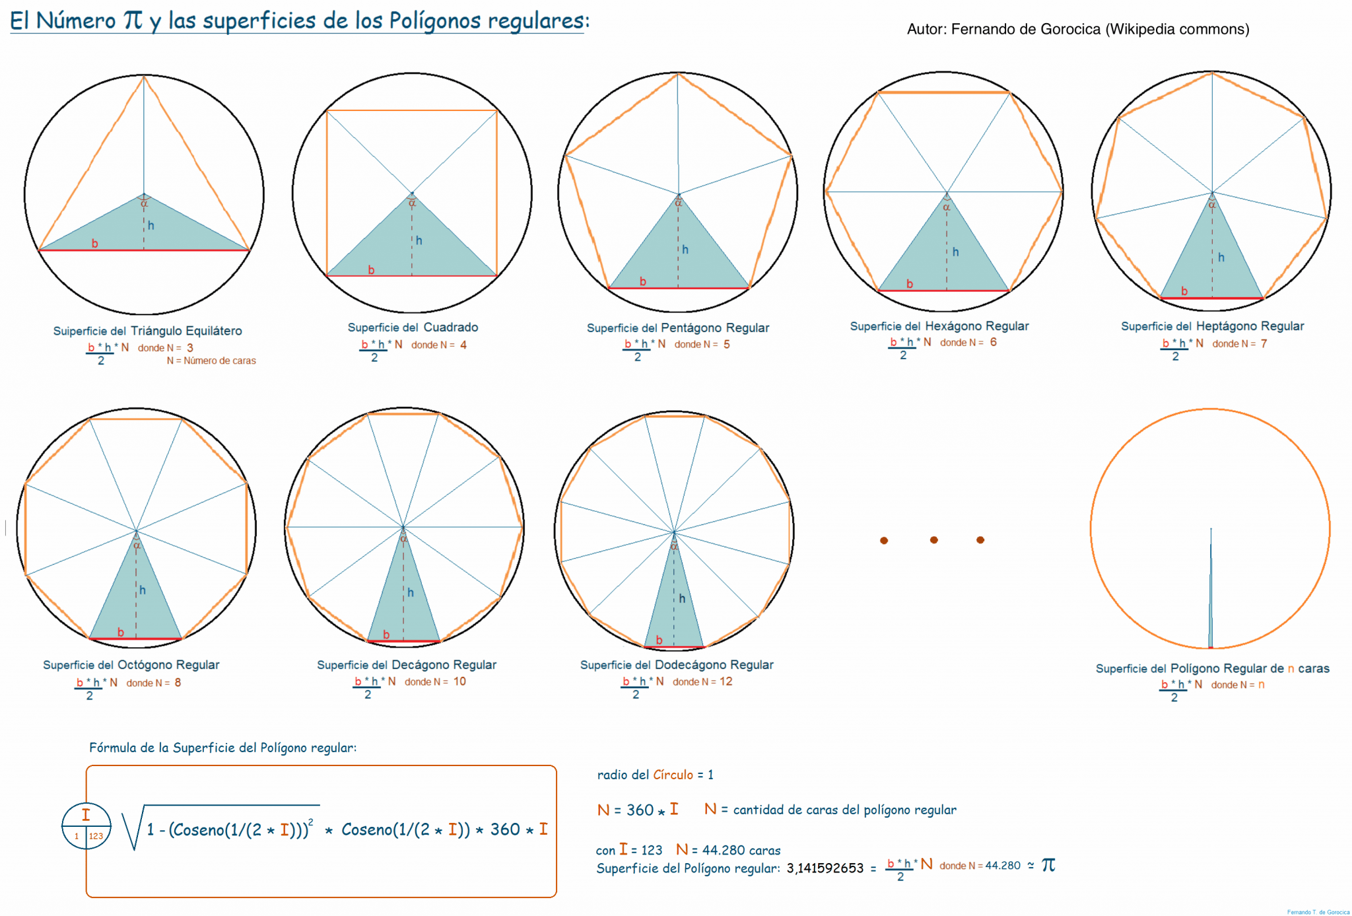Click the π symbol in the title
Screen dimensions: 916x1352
click(x=133, y=20)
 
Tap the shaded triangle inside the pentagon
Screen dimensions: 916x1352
click(x=678, y=258)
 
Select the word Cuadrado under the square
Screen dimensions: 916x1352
click(x=450, y=327)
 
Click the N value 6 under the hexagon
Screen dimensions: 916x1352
click(x=993, y=342)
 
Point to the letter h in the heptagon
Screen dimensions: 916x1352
click(x=1221, y=258)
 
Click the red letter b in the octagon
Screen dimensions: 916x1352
click(x=121, y=632)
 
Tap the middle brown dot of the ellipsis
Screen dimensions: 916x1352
click(x=933, y=540)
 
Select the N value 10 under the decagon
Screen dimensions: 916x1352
click(x=459, y=682)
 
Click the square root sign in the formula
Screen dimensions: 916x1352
click(x=133, y=828)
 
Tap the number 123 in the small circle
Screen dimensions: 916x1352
click(x=96, y=836)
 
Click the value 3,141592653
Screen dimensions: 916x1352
click(x=825, y=868)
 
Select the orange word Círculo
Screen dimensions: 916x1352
click(x=673, y=775)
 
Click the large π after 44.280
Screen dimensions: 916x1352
click(x=1048, y=864)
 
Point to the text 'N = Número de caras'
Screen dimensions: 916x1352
click(x=211, y=361)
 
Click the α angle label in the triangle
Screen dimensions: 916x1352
click(x=144, y=203)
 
